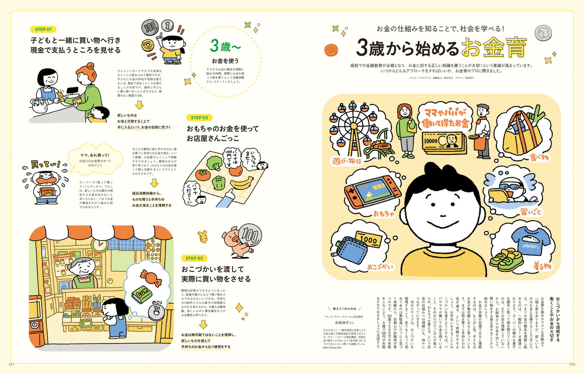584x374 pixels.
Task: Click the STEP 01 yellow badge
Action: pos(43,30)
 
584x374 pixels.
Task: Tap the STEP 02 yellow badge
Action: pos(199,118)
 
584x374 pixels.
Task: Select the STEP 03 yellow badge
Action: pos(194,258)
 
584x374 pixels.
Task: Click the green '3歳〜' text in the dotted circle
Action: pos(225,46)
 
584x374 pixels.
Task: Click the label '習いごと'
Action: pos(531,212)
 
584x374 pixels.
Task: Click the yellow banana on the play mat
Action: pos(242,183)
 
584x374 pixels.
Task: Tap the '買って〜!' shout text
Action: pos(45,165)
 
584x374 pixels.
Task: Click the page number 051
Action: pos(12,364)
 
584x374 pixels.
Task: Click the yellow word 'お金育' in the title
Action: pos(493,48)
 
